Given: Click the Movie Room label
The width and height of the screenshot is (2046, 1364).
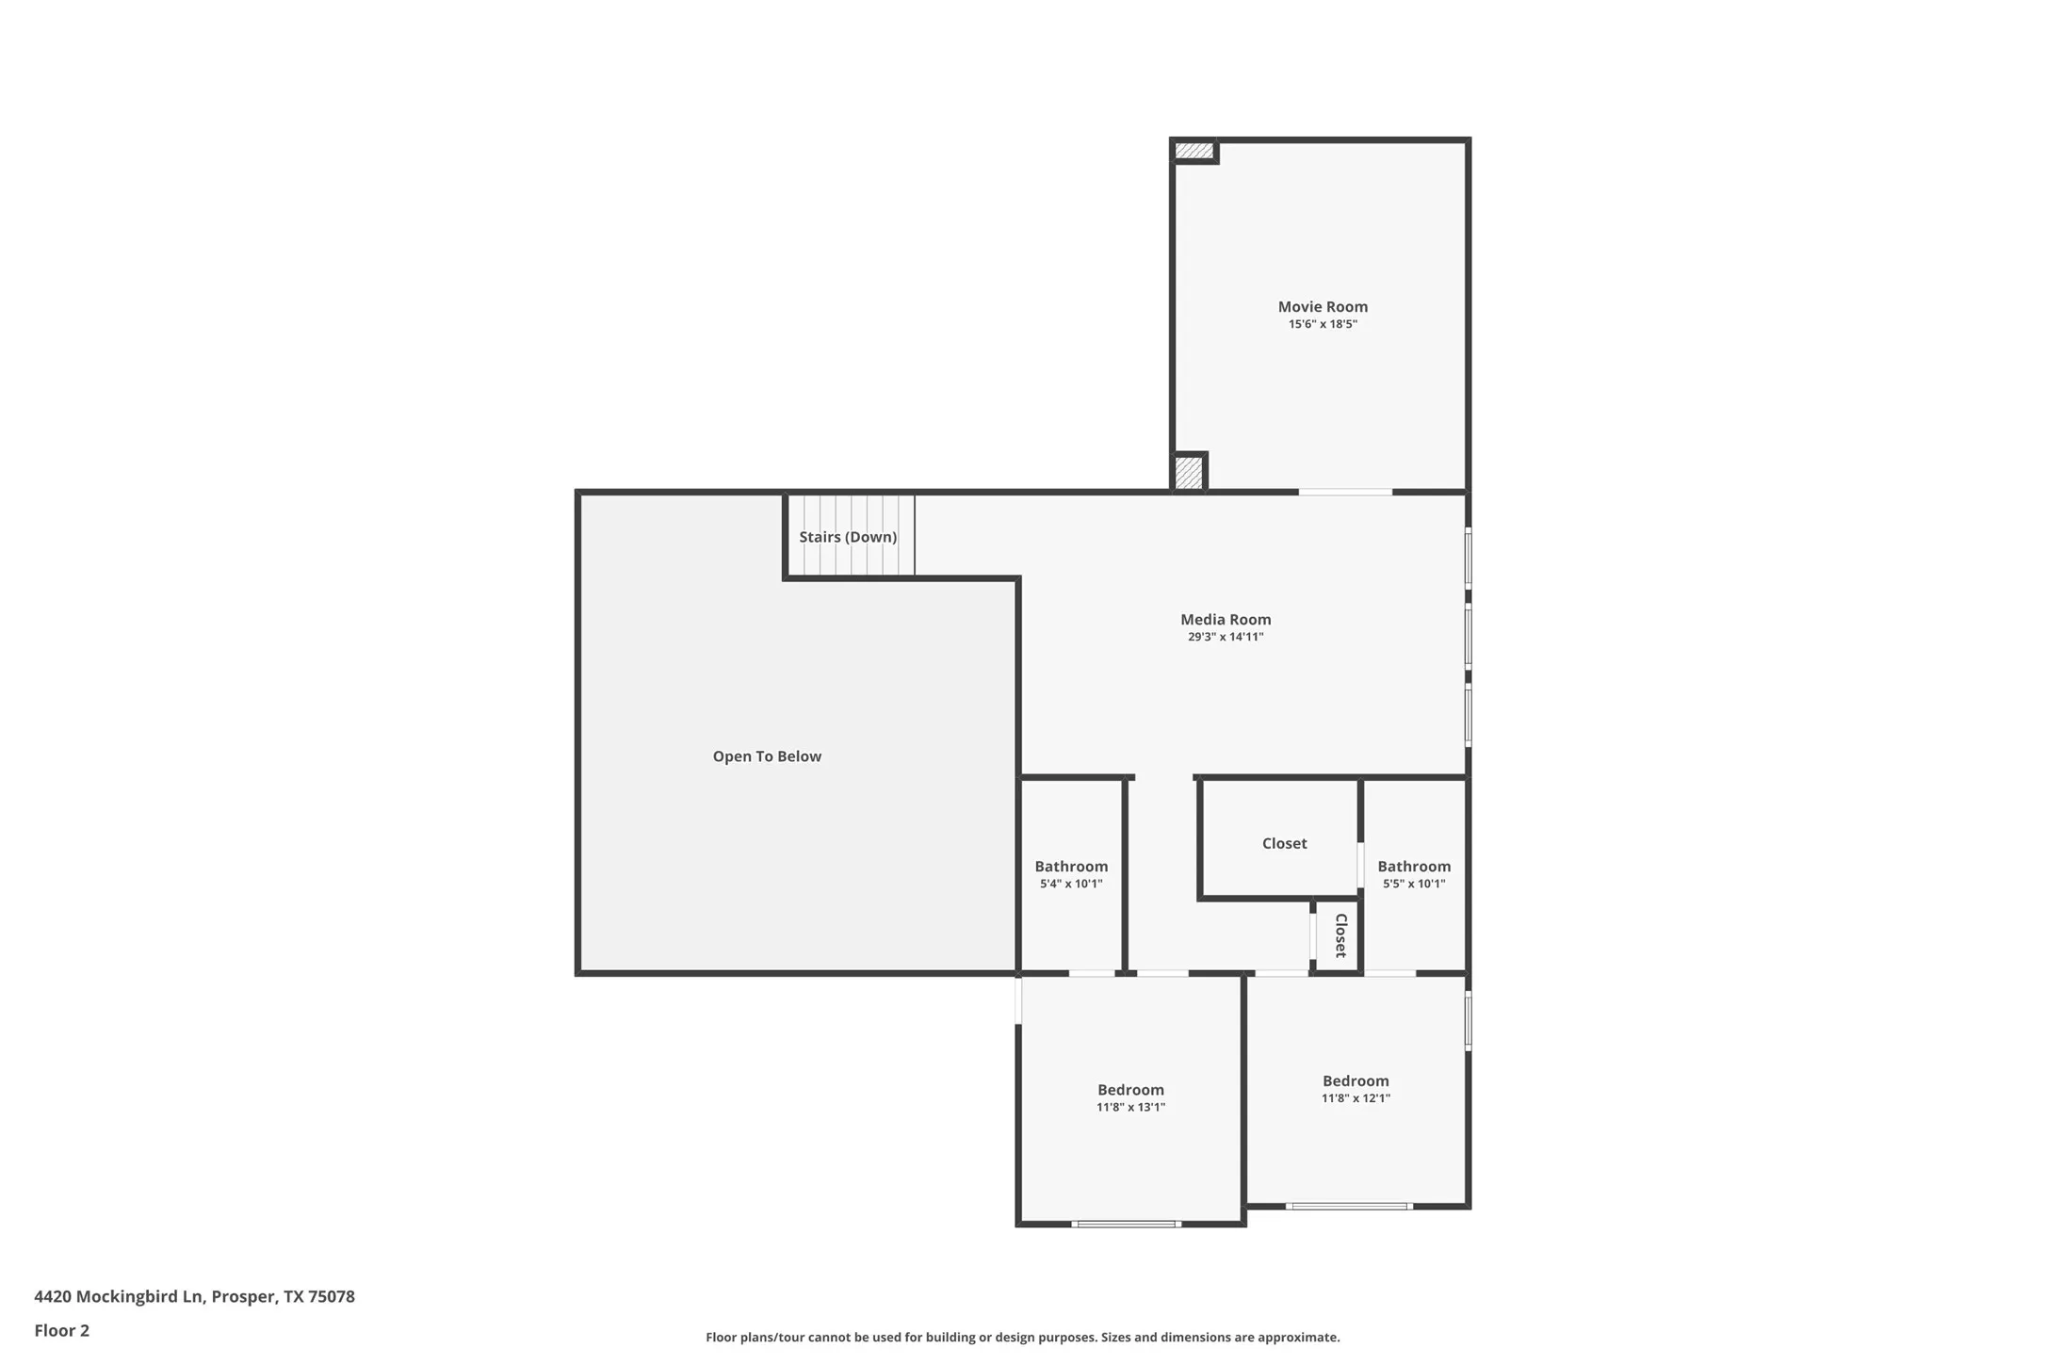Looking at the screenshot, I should tap(1322, 306).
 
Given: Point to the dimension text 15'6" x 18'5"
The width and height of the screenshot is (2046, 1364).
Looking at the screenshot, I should tap(1322, 324).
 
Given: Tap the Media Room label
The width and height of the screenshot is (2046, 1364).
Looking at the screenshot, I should tap(1225, 619).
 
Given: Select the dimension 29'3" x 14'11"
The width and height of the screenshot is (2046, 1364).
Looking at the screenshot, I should tap(1225, 637).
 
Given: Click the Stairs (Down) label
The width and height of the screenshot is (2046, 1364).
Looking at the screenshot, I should tap(847, 537).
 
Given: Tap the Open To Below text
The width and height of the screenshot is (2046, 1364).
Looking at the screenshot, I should tap(766, 756).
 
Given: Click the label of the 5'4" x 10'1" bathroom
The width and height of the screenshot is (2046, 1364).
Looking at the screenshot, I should tap(1070, 867).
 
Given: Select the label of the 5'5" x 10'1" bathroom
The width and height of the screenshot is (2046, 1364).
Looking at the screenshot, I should tap(1413, 867).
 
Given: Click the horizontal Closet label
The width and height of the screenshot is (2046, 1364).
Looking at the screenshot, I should tap(1284, 843).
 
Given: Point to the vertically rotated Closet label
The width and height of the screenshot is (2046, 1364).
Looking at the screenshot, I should tap(1340, 935).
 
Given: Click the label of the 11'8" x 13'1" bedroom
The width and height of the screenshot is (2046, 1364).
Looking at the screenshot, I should tap(1129, 1090).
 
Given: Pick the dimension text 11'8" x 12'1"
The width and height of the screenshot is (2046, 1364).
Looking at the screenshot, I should tap(1355, 1098).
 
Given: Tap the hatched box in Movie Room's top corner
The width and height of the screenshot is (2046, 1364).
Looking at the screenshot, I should tap(1193, 151).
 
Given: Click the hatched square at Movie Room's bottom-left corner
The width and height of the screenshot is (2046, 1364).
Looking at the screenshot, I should tap(1188, 472).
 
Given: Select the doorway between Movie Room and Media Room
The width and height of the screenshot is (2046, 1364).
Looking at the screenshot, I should tap(1345, 492).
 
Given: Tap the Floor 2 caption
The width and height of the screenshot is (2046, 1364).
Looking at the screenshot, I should tap(61, 1331).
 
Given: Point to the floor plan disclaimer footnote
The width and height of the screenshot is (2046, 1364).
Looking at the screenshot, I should tap(1022, 1338).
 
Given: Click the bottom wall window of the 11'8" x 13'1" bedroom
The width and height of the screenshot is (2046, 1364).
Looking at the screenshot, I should tap(1126, 1224).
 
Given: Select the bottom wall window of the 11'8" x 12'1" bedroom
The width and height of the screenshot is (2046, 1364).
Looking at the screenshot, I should tap(1348, 1206).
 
